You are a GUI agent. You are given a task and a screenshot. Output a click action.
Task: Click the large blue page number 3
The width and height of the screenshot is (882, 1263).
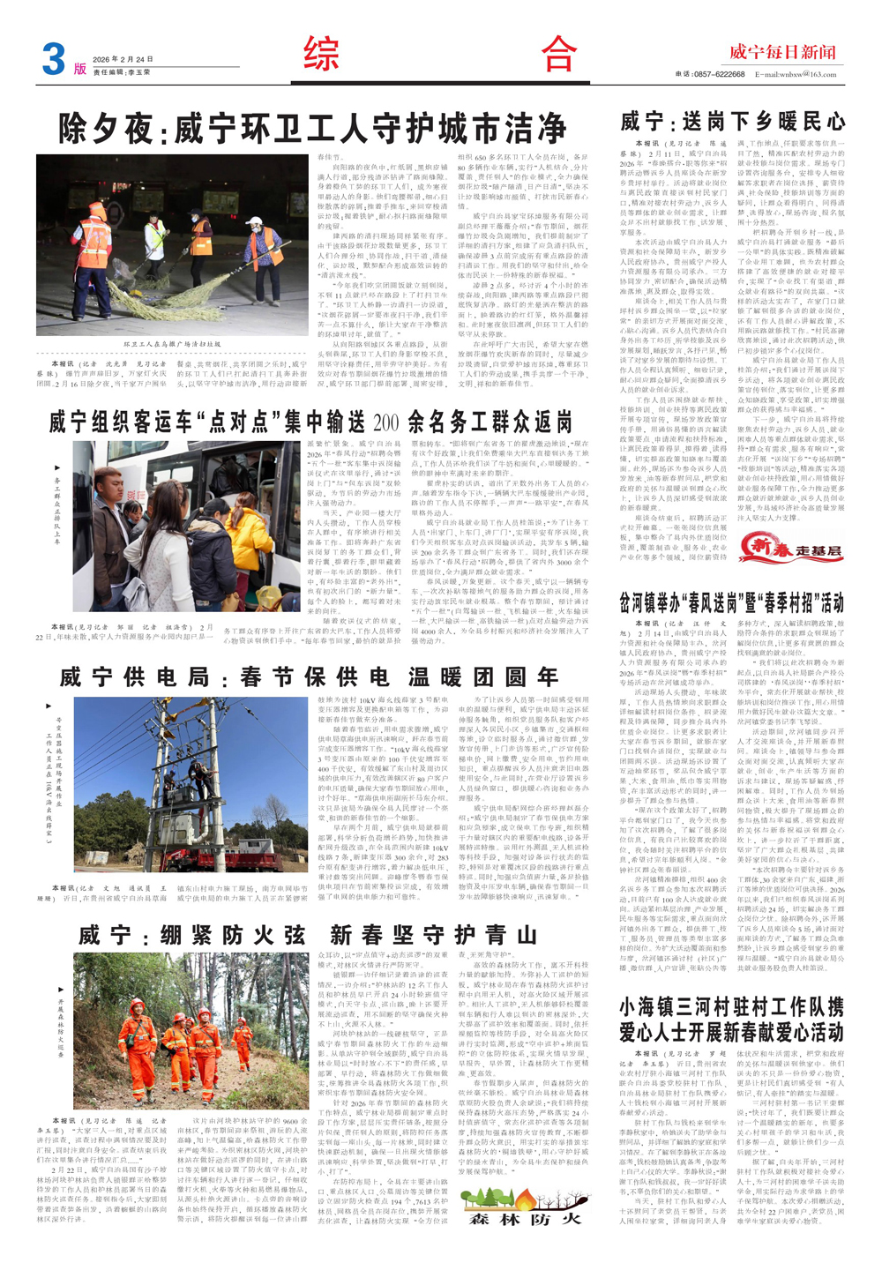click(53, 60)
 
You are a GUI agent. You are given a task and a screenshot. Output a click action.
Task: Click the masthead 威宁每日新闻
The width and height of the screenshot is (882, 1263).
click(781, 52)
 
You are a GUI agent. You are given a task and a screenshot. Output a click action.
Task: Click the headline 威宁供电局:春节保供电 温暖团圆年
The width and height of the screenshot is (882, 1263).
click(309, 676)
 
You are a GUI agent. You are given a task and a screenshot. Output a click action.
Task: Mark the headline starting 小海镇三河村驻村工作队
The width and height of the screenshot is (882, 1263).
click(731, 1019)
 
